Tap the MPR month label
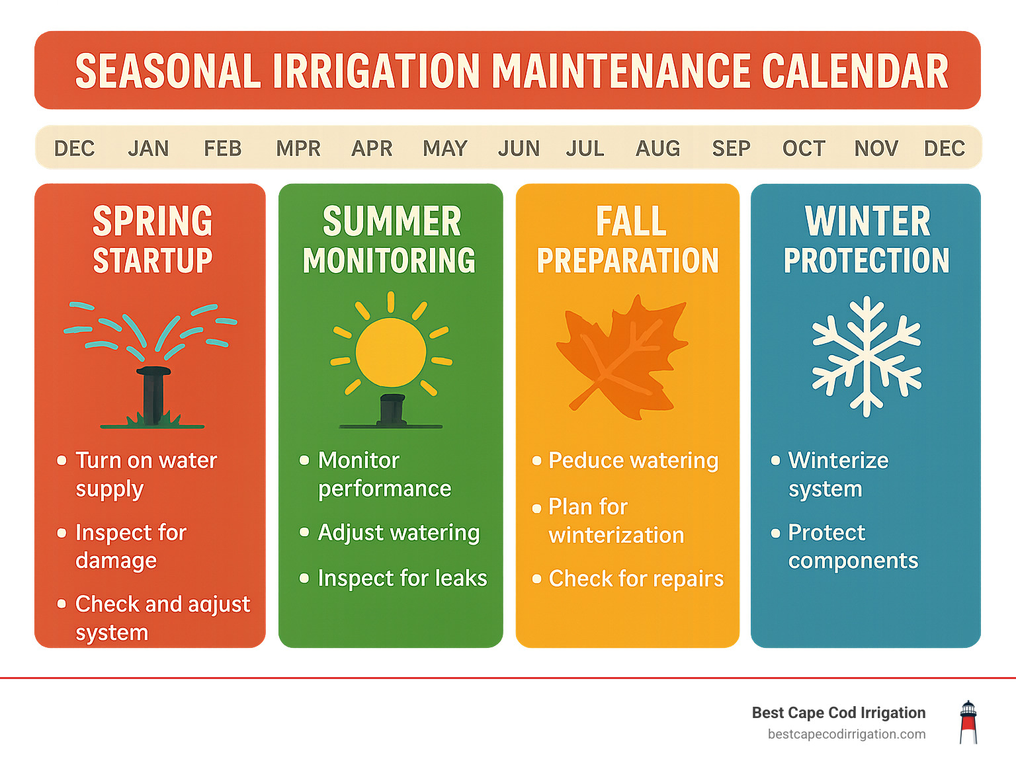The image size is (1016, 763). (x=298, y=148)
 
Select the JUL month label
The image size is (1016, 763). (x=585, y=148)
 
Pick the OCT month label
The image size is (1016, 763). (x=804, y=148)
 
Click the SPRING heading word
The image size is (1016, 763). (x=152, y=221)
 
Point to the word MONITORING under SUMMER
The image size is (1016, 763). (x=389, y=261)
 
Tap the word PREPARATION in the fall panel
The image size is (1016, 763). (x=627, y=261)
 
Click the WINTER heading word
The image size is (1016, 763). (x=867, y=221)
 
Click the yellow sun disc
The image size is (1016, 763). (x=391, y=352)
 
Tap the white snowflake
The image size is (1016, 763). (x=867, y=356)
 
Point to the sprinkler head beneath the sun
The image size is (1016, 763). (x=392, y=409)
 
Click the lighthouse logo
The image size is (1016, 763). (x=968, y=722)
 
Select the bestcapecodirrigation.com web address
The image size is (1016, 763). (x=846, y=734)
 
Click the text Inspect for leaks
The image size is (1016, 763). (x=402, y=578)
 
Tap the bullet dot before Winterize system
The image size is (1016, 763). (x=775, y=460)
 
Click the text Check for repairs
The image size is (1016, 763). (x=636, y=579)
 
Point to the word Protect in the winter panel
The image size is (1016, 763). (x=826, y=532)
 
